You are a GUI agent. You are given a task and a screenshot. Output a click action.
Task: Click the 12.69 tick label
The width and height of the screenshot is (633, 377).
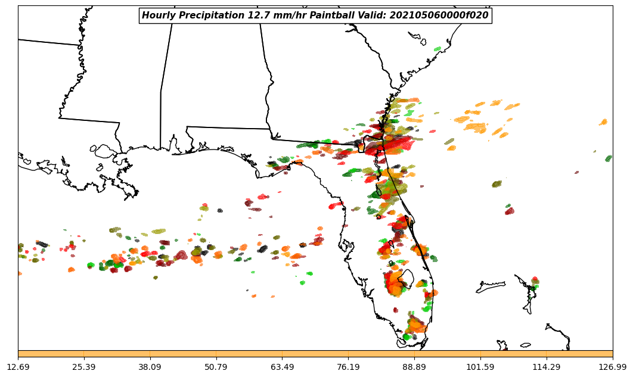[18, 367]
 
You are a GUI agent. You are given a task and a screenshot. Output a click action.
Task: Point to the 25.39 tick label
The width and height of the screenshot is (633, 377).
[84, 367]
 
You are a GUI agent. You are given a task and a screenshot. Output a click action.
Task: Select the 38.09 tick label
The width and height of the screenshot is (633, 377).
[150, 367]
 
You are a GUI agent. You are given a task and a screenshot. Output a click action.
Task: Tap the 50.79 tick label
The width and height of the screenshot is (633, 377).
[216, 367]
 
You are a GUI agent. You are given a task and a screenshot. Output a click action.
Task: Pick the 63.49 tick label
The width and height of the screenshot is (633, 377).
[283, 367]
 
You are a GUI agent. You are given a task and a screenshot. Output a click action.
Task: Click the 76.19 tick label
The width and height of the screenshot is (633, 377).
[349, 367]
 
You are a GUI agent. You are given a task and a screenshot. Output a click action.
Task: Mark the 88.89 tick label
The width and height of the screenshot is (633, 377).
[414, 367]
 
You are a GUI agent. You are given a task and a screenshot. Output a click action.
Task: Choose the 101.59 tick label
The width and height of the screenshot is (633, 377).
[480, 367]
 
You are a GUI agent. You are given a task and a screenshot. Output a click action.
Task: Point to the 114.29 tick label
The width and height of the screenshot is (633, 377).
[547, 367]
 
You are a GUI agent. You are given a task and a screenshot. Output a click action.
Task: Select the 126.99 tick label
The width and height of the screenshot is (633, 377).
[613, 367]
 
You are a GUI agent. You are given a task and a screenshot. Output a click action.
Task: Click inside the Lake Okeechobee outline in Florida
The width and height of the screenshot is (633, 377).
[407, 278]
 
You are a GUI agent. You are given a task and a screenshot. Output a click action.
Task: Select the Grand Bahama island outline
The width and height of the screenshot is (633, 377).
[490, 288]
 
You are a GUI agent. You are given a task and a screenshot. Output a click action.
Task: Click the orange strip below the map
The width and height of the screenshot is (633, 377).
[315, 354]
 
